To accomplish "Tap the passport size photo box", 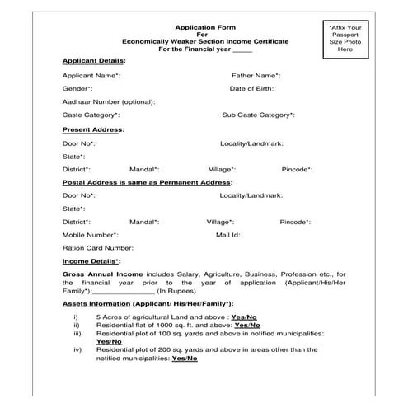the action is click(345, 39).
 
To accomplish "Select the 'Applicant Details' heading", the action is click(93, 61).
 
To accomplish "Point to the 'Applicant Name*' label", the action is click(91, 75).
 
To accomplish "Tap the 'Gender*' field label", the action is click(77, 88).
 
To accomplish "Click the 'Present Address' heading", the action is click(93, 129).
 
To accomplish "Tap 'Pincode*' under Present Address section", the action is click(296, 169).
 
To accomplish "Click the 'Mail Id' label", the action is click(227, 234).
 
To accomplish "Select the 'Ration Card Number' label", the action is click(97, 247).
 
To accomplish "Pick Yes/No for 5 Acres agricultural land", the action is click(244, 317).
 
